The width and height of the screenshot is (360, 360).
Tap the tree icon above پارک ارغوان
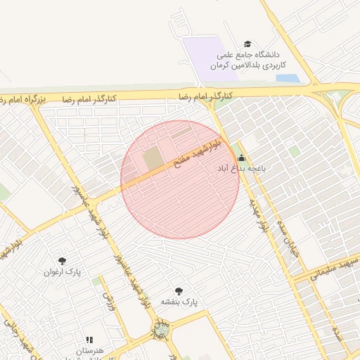tap(63, 261)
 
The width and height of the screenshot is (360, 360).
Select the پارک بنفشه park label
tap(179, 302)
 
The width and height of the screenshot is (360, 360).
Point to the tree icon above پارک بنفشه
tap(179, 290)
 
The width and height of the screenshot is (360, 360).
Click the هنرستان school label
tap(89, 350)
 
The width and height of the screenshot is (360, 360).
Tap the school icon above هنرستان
tap(89, 340)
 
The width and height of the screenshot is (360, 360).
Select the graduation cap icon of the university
tap(247, 44)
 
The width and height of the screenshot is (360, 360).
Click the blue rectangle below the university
tap(288, 78)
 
